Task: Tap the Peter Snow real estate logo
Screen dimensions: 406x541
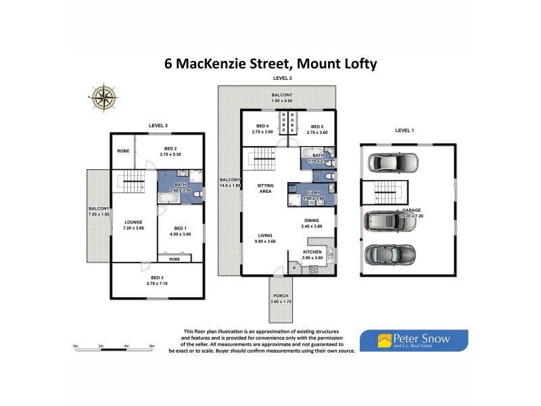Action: coord(413,340)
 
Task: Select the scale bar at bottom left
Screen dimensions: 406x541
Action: coord(113,346)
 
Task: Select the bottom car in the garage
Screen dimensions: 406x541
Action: coord(389,255)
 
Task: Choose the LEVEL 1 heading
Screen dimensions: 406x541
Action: coord(405,131)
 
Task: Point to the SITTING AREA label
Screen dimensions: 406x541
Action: coord(265,188)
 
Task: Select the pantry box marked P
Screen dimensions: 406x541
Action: coord(293,269)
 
